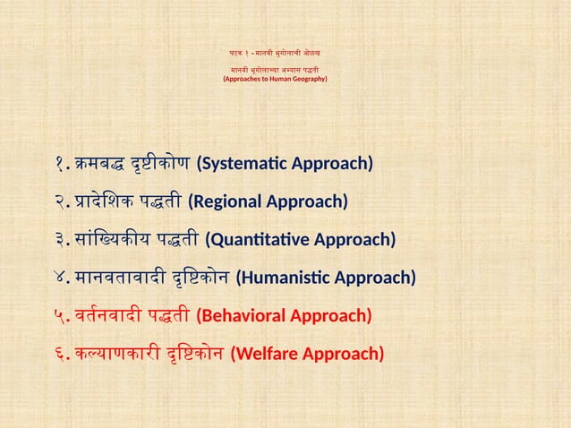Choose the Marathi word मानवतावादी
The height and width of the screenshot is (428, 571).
tap(119, 277)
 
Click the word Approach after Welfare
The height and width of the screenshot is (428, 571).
tap(345, 354)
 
